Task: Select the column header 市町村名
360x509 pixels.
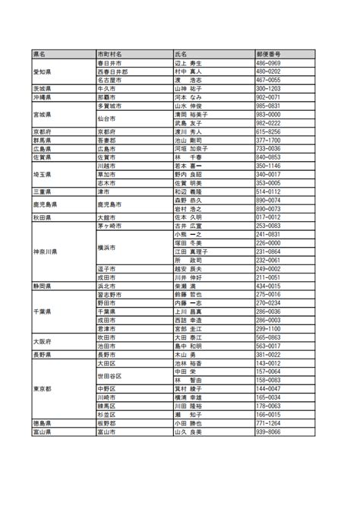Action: click(x=110, y=55)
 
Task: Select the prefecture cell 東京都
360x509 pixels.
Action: click(x=43, y=388)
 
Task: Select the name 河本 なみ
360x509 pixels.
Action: click(x=188, y=97)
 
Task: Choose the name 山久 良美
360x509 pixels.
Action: click(x=188, y=432)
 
